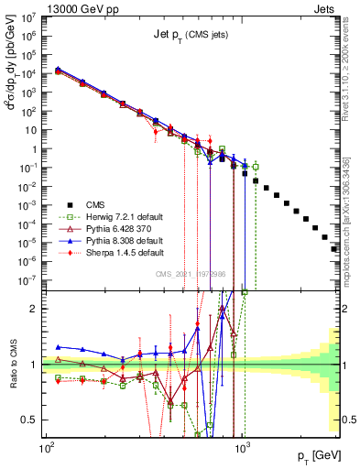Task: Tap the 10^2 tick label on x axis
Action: point(46,449)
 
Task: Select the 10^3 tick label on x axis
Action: point(242,449)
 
